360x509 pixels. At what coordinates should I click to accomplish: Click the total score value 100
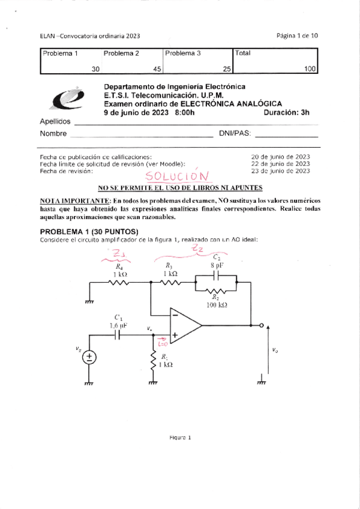point(310,69)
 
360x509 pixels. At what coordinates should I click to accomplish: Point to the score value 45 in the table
point(157,69)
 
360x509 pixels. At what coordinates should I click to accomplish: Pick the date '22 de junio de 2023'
point(281,163)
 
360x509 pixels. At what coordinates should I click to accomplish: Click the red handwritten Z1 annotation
point(119,254)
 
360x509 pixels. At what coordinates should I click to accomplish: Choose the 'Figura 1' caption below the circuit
point(179,438)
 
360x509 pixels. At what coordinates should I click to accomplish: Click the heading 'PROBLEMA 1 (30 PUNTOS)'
point(89,232)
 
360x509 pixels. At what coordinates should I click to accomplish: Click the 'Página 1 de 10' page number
point(297,35)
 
